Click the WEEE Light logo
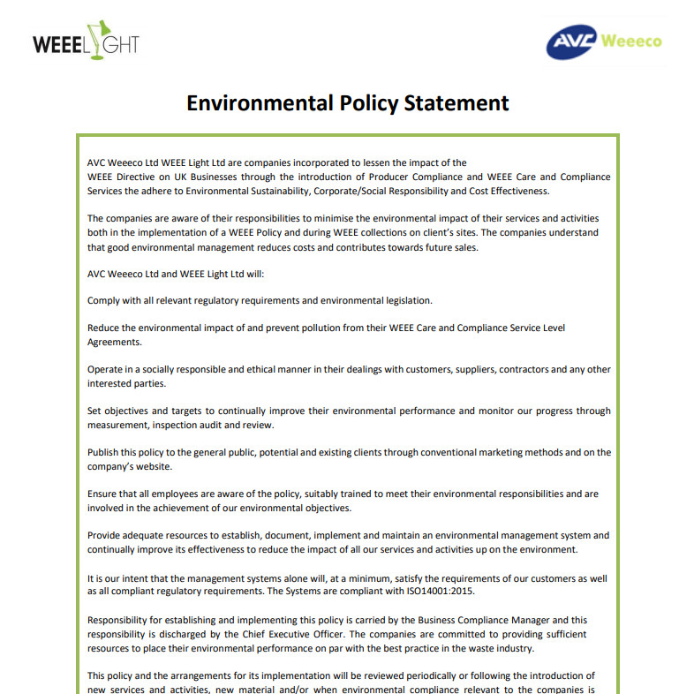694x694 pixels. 86,41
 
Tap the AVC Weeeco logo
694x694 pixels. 603,41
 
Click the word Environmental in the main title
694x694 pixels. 260,103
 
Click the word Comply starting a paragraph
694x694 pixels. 105,300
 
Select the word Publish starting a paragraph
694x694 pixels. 105,452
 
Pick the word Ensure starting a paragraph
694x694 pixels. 103,494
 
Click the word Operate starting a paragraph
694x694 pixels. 108,369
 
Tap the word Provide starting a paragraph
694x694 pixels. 106,535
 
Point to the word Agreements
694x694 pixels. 114,342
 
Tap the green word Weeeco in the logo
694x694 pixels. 630,41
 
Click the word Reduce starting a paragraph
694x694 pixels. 105,328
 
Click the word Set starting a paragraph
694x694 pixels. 94,411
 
